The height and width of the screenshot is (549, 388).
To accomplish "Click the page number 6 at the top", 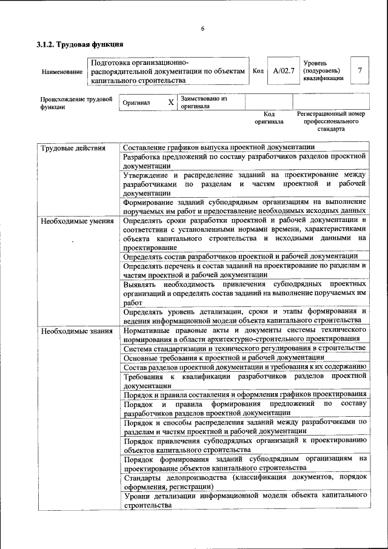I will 202,29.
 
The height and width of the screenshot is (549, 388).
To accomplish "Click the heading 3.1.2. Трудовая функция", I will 80,44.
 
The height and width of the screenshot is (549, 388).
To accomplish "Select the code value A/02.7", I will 283,71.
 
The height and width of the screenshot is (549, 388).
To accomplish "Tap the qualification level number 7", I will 360,70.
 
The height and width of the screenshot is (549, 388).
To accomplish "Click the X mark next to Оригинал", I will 171,103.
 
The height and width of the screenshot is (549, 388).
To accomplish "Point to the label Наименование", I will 62,72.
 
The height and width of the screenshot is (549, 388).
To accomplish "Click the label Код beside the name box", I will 258,71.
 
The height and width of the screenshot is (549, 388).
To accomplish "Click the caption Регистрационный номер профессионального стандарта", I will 330,121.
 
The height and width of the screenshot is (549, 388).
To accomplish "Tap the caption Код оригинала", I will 269,118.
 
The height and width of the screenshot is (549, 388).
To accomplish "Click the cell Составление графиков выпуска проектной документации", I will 218,147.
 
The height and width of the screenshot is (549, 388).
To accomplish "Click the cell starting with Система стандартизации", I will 244,348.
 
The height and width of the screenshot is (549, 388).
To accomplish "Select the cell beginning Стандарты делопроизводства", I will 245,482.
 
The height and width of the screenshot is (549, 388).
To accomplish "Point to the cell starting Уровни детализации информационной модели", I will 245,500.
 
